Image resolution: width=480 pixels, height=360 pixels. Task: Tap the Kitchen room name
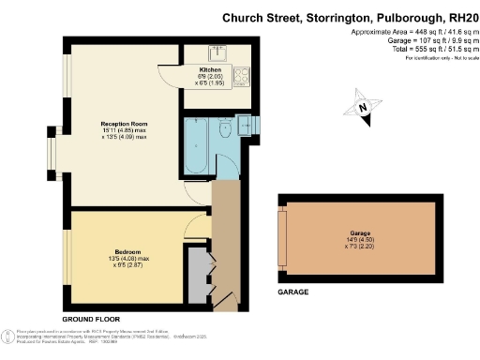[x=209, y=70]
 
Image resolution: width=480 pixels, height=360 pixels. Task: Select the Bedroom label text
[x=128, y=252]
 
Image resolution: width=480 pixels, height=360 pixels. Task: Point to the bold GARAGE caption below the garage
[x=293, y=292]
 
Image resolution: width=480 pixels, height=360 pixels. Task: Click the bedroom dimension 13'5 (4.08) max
[x=128, y=260]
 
